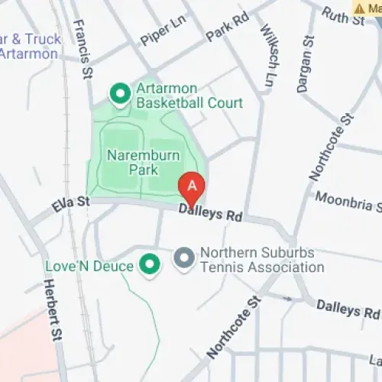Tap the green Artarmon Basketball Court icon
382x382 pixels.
click(x=120, y=94)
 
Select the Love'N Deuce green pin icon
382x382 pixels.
click(x=151, y=265)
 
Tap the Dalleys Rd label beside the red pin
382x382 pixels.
click(x=210, y=212)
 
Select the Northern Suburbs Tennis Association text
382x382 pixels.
click(x=261, y=260)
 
